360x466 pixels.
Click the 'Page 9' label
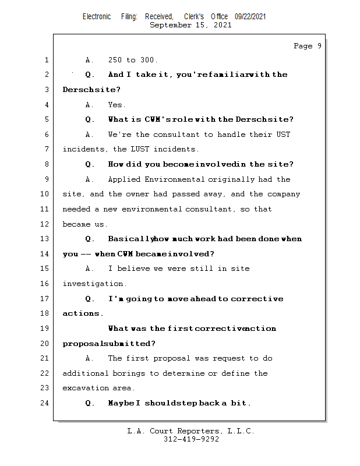tap(308, 46)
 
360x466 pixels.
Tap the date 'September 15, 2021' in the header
tap(190, 25)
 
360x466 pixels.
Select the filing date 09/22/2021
tap(250, 17)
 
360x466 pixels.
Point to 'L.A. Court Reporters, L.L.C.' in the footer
tap(191, 431)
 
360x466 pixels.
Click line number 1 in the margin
tap(46, 60)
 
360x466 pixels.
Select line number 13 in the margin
tap(45, 239)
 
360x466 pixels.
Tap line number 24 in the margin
tap(45, 403)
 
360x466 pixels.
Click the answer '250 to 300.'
tap(133, 60)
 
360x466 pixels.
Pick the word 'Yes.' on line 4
tap(117, 105)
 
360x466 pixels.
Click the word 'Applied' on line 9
tap(124, 179)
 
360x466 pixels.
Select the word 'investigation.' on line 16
tap(94, 284)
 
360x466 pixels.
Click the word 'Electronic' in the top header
tap(97, 17)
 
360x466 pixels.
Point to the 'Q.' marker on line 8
tap(90, 164)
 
